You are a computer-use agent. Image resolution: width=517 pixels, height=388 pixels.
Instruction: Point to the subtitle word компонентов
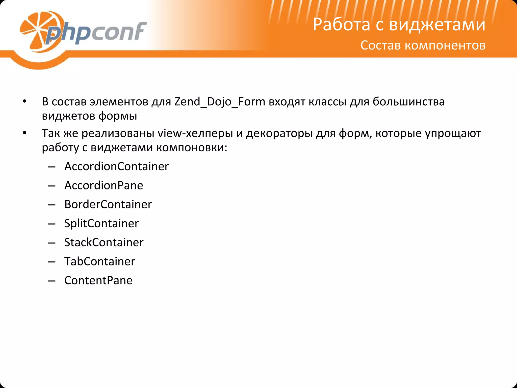(x=445, y=45)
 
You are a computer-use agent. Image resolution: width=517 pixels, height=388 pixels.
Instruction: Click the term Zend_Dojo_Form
(x=220, y=102)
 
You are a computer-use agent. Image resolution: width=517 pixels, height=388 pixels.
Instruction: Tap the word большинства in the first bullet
(x=408, y=102)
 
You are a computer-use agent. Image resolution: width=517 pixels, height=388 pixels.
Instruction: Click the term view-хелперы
(x=195, y=133)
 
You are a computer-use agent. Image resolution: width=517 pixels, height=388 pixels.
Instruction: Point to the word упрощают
(x=453, y=133)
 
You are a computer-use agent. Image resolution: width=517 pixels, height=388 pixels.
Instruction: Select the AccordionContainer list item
(x=116, y=166)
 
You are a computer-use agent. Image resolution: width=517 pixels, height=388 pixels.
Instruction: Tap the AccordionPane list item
(x=104, y=185)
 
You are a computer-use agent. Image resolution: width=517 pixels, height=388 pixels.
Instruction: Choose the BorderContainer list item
(x=108, y=204)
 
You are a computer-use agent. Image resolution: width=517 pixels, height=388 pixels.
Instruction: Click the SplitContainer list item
(x=101, y=223)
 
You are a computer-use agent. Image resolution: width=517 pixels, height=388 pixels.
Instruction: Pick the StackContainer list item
(x=104, y=242)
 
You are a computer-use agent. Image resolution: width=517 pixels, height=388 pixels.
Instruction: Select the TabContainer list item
(x=100, y=261)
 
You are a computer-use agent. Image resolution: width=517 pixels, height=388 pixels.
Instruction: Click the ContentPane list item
(x=98, y=280)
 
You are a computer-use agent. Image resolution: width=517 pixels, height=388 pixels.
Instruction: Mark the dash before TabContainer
(x=51, y=262)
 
